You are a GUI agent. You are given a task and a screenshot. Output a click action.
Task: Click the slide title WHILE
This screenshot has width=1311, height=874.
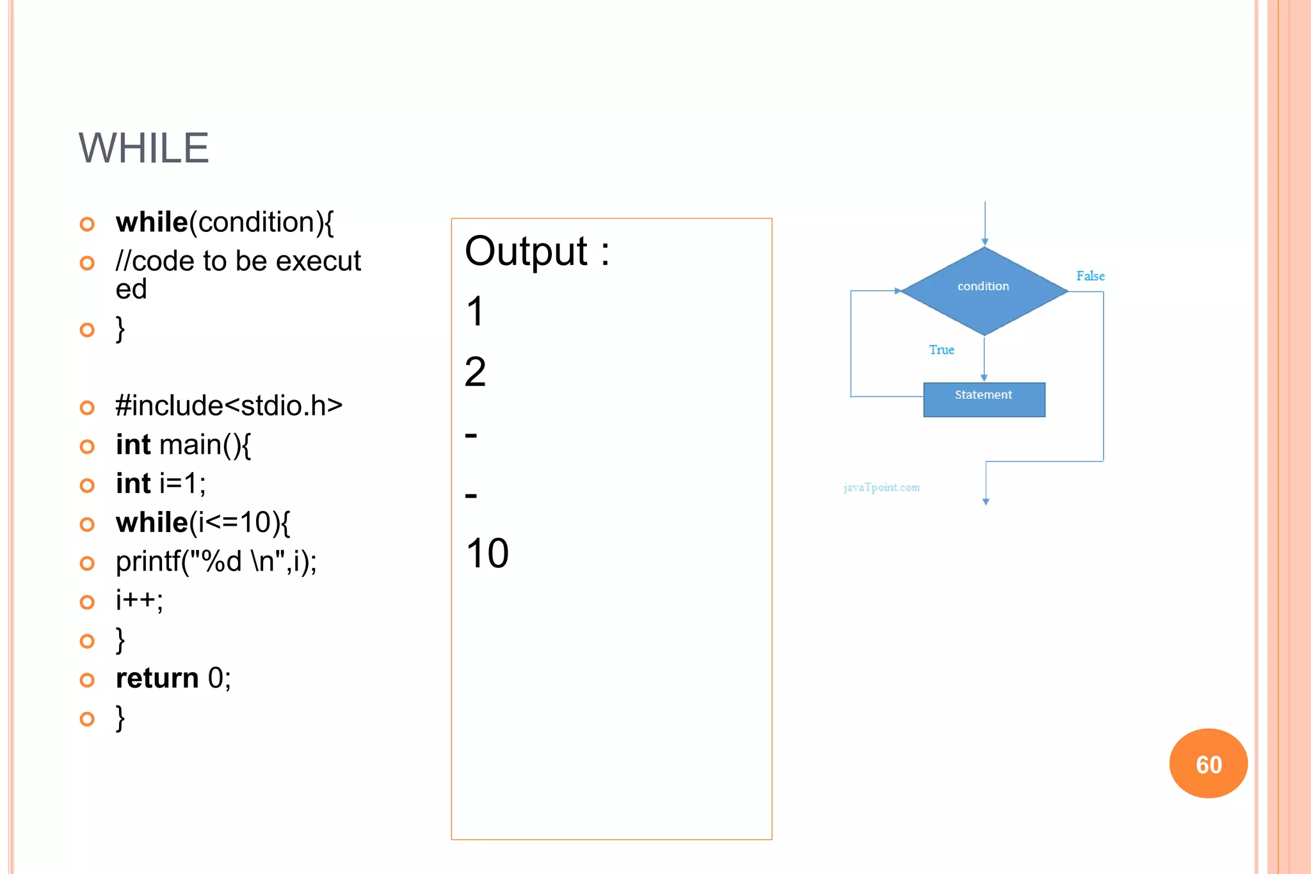[x=143, y=148]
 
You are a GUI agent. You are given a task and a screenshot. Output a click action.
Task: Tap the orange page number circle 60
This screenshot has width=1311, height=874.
[x=1208, y=763]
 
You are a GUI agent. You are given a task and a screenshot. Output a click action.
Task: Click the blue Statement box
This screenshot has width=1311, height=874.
[x=984, y=400]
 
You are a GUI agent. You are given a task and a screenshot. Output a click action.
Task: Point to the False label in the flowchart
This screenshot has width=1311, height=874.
[x=1090, y=276]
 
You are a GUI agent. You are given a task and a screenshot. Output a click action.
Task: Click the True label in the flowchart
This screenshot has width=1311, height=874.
[x=942, y=350]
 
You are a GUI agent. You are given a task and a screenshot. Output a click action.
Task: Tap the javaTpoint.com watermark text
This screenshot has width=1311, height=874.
[x=881, y=487]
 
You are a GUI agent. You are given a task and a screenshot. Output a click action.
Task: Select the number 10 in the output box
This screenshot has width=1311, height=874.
[x=487, y=553]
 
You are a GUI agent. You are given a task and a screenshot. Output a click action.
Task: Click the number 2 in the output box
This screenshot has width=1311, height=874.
[x=475, y=372]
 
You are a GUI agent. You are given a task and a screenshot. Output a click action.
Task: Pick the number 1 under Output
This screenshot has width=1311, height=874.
[x=475, y=312]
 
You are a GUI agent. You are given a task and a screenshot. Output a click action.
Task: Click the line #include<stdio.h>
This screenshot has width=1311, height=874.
[x=229, y=406]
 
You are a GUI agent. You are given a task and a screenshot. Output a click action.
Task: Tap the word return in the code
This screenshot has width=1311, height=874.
[x=157, y=678]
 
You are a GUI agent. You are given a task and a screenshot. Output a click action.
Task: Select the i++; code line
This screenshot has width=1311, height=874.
[x=139, y=600]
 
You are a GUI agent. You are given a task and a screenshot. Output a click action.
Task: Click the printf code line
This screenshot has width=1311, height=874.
[x=216, y=562]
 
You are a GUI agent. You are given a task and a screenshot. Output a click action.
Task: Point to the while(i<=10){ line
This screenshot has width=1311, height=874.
[x=202, y=522]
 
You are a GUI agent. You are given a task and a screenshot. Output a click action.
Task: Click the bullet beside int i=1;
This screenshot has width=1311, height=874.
[x=87, y=485]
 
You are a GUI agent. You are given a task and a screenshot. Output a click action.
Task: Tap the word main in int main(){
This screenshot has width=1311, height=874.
[x=190, y=445]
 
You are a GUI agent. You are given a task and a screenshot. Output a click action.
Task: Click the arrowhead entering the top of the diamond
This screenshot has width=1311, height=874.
[x=985, y=243]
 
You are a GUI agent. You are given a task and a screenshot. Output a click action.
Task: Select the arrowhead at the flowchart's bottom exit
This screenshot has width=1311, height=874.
[x=986, y=502]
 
